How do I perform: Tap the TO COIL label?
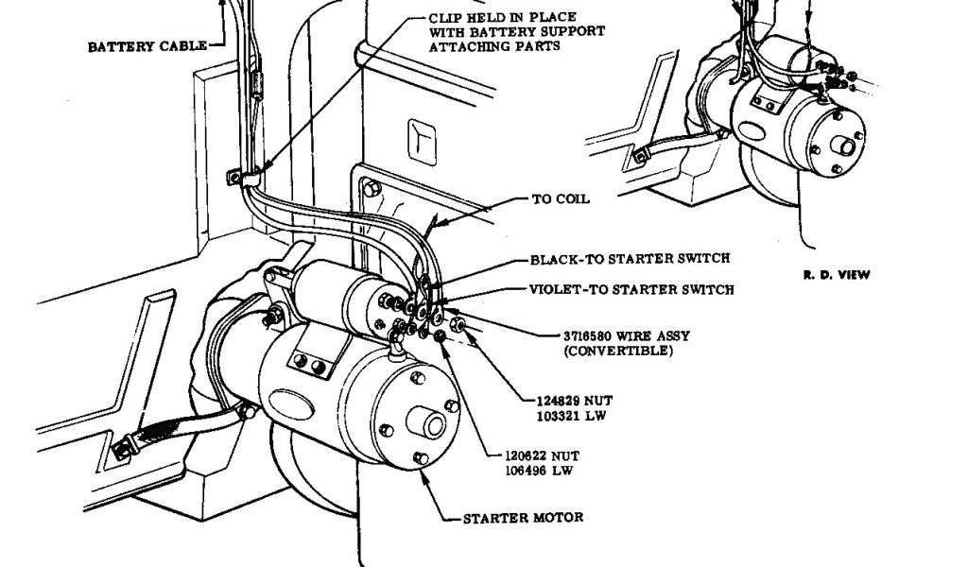562,200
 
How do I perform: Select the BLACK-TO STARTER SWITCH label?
630,258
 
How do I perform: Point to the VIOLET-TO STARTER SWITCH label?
631,289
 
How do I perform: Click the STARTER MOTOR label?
523,518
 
